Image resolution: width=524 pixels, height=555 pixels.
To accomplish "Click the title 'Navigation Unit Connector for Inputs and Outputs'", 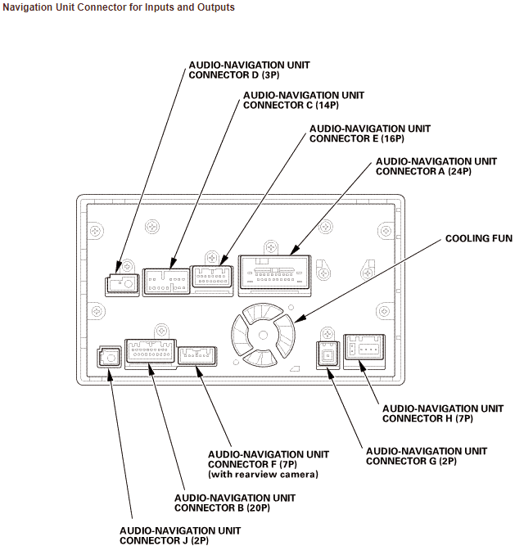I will (x=119, y=7).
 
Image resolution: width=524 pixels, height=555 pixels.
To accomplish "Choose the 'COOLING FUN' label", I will (x=478, y=238).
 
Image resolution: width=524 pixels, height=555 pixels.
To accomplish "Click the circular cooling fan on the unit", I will (x=263, y=335).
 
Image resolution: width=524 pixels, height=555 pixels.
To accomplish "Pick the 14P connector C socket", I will (x=166, y=281).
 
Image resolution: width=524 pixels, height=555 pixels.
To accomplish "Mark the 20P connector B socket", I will (x=149, y=354).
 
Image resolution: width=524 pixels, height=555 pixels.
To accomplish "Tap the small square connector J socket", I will (x=108, y=358).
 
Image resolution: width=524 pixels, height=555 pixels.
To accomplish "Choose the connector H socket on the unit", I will (x=364, y=350).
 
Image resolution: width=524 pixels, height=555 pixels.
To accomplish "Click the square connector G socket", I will (x=327, y=356).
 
